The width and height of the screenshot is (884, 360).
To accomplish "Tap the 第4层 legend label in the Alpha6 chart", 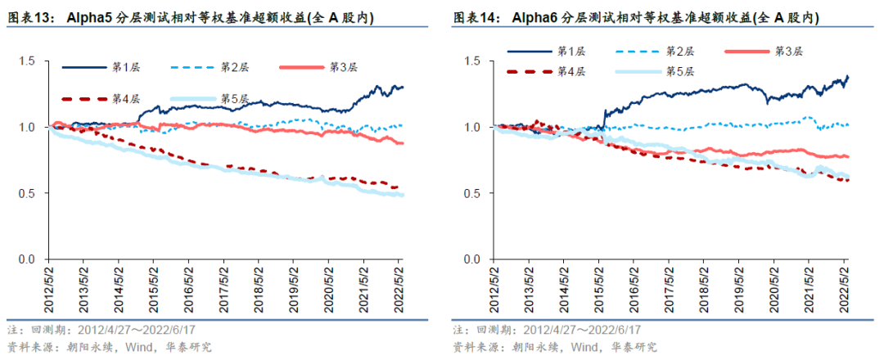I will point(570,72).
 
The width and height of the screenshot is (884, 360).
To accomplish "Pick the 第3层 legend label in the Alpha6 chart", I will point(789,52).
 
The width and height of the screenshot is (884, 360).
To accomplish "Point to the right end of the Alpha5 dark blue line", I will point(403,87).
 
